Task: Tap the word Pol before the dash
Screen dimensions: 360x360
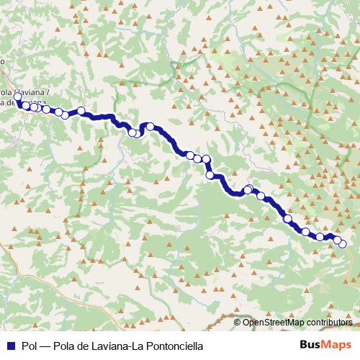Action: point(30,346)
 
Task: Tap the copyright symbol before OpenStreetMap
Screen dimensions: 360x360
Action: point(239,322)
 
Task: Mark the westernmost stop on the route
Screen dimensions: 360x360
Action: point(17,96)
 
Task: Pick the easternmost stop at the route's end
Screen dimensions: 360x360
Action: point(343,244)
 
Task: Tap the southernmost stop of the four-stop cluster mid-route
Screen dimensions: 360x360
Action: point(210,175)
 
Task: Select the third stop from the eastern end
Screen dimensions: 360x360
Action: point(320,236)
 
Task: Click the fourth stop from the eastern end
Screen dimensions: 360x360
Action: point(305,232)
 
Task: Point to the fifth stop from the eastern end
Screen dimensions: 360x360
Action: point(288,218)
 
